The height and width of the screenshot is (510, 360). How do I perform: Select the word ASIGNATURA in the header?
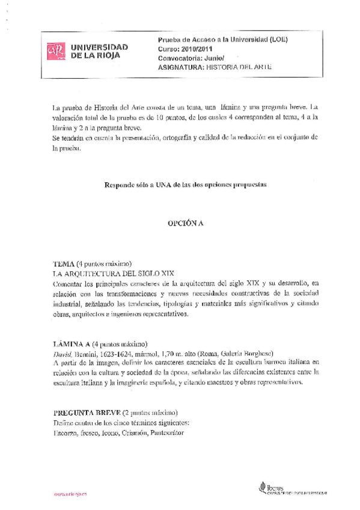tap(178, 69)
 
